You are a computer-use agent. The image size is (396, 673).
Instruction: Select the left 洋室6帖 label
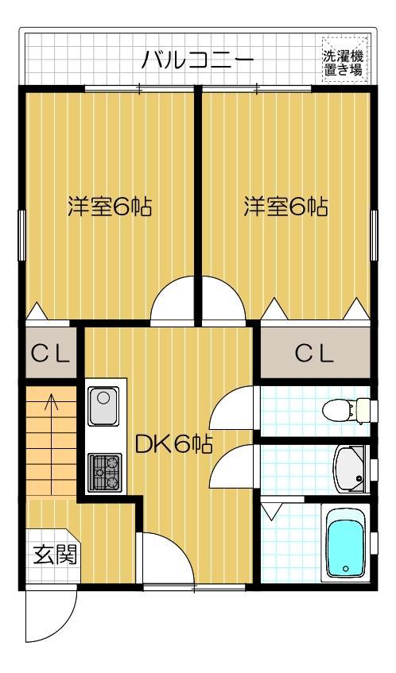(108, 207)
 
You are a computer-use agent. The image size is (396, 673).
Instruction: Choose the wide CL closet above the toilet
(314, 354)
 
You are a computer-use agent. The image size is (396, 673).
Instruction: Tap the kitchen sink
(103, 407)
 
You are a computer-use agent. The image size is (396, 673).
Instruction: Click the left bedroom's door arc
(173, 302)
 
